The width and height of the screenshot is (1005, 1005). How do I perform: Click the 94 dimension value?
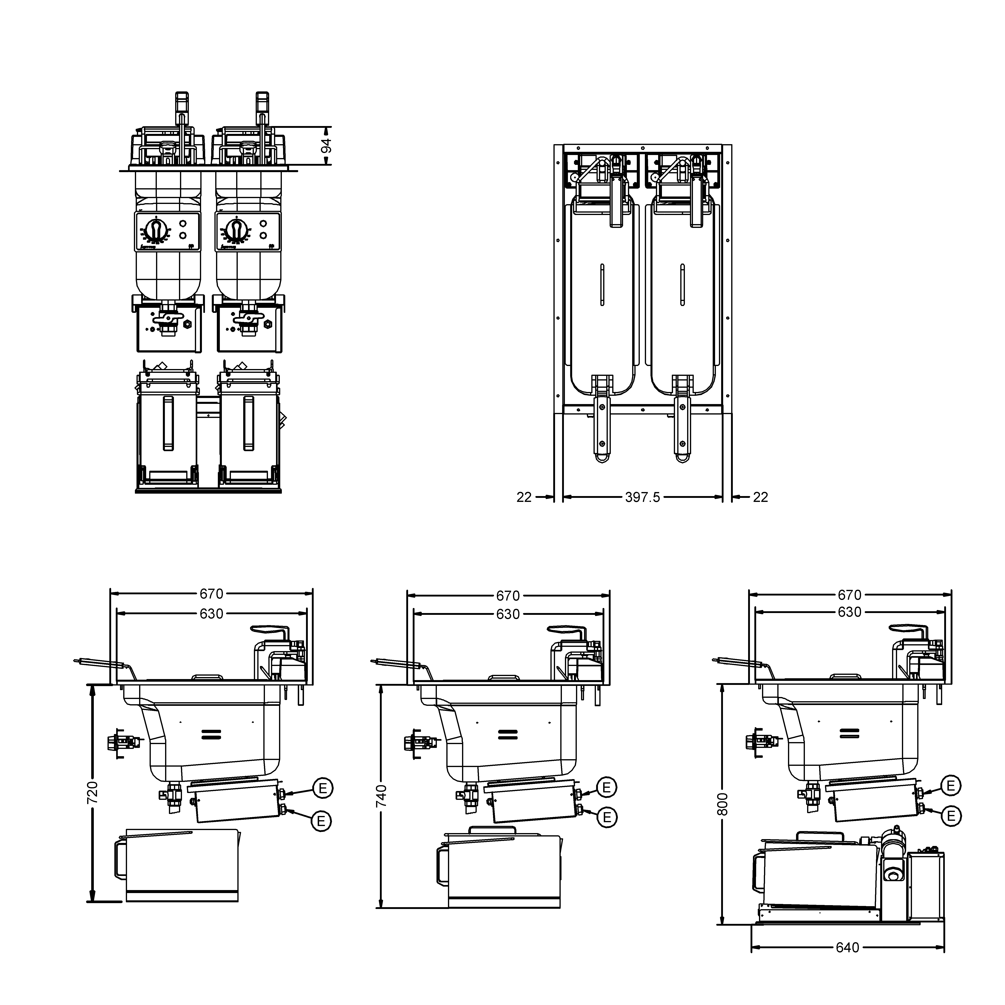326,146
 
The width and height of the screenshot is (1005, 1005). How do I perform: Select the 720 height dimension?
92,792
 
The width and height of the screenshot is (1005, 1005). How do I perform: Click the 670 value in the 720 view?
211,593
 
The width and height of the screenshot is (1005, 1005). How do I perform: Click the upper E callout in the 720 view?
323,788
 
